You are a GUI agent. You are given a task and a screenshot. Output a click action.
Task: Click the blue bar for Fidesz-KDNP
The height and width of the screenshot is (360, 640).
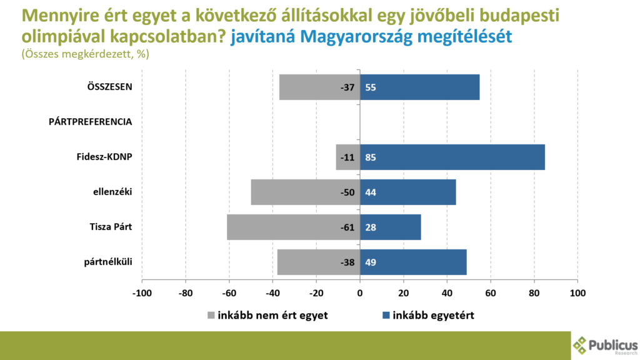[x=452, y=157]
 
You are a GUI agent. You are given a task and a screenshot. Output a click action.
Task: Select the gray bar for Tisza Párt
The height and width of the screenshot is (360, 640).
[x=293, y=227]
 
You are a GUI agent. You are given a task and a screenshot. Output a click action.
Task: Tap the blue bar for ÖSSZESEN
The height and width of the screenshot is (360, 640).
[x=420, y=87]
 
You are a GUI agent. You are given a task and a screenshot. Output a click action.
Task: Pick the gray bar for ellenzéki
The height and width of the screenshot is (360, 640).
[x=305, y=192]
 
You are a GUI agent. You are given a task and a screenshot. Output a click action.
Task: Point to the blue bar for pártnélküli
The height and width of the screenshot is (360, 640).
[x=413, y=262]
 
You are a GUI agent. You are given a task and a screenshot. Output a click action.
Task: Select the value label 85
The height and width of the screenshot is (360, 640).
[x=371, y=157]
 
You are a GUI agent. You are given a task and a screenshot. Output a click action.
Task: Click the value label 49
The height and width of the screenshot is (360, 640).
[x=371, y=262]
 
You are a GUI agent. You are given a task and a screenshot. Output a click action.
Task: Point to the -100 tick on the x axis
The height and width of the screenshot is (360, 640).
[x=142, y=292]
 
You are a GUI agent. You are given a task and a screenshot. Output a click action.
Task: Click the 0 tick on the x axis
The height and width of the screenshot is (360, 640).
[x=360, y=292]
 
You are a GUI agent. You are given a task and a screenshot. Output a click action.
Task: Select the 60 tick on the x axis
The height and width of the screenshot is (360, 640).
[x=491, y=292]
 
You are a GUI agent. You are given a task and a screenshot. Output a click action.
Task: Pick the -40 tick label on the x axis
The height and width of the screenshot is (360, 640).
[x=272, y=292]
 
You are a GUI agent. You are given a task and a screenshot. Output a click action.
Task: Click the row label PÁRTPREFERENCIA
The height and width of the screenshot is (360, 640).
[x=90, y=122]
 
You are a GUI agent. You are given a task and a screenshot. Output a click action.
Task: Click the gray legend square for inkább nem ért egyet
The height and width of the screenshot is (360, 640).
[x=211, y=315]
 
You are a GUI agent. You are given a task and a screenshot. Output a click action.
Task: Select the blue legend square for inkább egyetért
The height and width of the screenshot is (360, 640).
[x=385, y=315]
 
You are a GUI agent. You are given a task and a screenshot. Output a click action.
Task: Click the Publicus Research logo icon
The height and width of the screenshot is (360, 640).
[x=581, y=344]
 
